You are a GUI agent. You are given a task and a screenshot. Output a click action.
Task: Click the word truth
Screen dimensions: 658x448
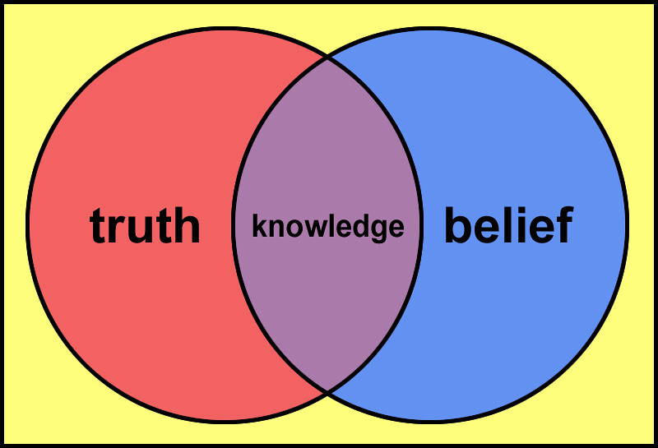pos(145,225)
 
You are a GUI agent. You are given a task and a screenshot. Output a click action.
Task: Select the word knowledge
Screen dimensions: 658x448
pos(327,227)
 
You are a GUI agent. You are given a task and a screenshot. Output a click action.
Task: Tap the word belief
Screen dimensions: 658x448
pos(509,224)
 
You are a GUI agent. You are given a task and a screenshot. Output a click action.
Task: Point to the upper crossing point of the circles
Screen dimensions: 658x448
pos(327,58)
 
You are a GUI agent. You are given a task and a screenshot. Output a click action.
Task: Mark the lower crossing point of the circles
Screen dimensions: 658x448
pos(327,392)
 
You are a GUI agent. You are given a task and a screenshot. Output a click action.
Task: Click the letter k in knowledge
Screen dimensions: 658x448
pos(259,225)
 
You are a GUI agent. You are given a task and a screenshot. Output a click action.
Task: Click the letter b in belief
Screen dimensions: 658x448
pos(457,224)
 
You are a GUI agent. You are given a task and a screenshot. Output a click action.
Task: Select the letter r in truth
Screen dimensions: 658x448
pos(117,229)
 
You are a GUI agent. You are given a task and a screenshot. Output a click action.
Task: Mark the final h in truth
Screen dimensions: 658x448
pos(187,225)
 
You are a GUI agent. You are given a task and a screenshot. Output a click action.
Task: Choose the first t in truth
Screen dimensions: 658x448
pos(99,226)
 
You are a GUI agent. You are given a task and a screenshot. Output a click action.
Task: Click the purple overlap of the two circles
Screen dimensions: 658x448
pos(327,293)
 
